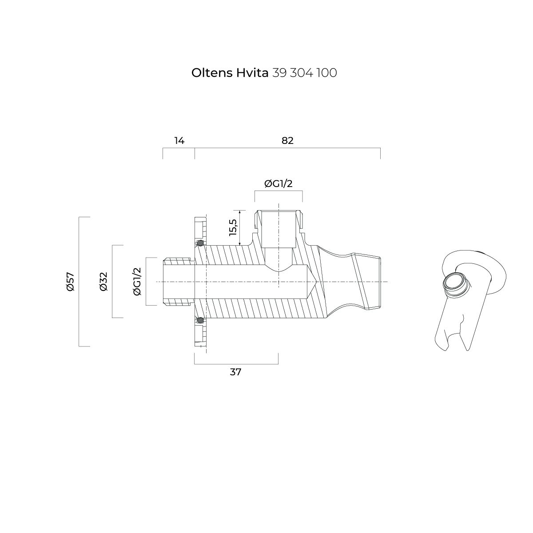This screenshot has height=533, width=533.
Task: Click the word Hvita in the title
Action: coord(252,73)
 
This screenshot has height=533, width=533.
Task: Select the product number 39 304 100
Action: coord(305,73)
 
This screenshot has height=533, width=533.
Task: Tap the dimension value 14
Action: coord(179,141)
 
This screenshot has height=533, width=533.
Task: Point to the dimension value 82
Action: coord(287,141)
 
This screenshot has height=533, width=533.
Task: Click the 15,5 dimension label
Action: coord(233,227)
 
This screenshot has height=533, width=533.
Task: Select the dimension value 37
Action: coord(235,372)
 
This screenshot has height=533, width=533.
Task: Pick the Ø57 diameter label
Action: coord(71,282)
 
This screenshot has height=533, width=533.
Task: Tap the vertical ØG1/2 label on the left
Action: coord(137,282)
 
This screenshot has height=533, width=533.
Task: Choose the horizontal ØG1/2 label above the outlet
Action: coord(278,183)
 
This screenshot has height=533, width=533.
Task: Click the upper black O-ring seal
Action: coord(200,243)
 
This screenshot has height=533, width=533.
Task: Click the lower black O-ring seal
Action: coord(200,320)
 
